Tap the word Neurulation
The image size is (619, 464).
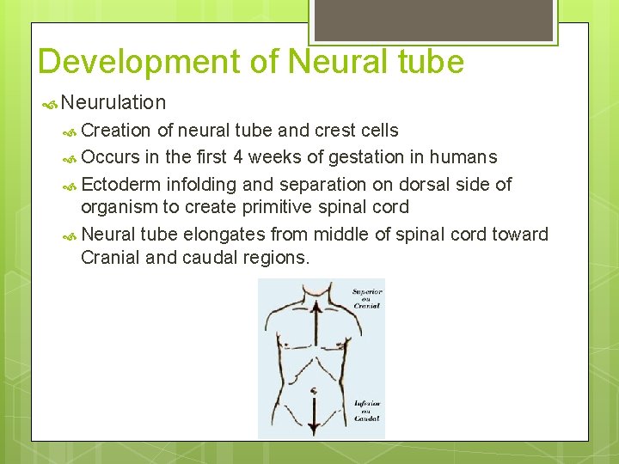coord(113,103)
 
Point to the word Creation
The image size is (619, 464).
coord(116,131)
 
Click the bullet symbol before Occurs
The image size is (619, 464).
coord(71,158)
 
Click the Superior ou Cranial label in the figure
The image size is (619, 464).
coord(365,298)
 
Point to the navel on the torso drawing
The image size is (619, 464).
coord(315,391)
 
